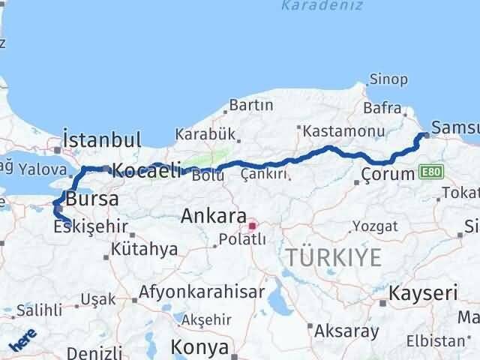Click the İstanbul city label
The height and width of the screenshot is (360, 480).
(102, 140)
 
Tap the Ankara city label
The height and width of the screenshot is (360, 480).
(209, 216)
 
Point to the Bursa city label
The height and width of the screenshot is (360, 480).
(91, 199)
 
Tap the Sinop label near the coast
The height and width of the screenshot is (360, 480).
(388, 79)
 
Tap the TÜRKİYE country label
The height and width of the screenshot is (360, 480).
(332, 257)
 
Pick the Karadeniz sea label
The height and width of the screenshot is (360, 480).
(322, 7)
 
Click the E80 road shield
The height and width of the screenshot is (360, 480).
(430, 172)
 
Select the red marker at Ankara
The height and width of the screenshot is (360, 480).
(253, 224)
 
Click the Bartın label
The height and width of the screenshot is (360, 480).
(251, 105)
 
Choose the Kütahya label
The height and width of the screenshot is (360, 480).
(143, 249)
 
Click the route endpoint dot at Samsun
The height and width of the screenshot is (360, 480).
(426, 135)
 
